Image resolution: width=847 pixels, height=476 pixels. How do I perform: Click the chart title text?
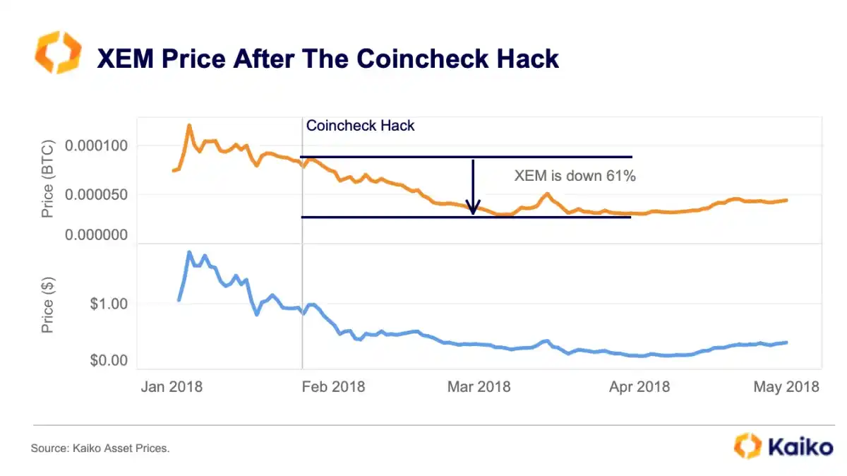328,58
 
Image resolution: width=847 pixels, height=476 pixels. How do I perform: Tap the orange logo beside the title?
58,52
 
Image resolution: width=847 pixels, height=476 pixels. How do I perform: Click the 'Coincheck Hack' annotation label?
360,126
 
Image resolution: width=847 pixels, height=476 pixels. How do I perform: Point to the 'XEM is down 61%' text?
575,176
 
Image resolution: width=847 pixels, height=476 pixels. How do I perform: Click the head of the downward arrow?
474,209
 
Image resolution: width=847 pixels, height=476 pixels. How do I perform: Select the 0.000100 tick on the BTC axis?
96,145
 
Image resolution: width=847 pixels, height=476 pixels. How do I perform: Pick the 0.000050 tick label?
96,194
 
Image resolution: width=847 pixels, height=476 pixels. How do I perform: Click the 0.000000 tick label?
96,234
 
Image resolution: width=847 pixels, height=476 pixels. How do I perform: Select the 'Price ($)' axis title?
47,305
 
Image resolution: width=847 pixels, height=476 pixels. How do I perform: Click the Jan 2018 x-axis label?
172,387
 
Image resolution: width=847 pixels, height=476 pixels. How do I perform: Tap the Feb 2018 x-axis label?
334,387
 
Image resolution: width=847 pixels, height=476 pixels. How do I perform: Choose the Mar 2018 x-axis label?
479,387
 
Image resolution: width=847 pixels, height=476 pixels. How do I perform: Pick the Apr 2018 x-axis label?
639,387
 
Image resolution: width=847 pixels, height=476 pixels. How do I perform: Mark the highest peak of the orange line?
189,126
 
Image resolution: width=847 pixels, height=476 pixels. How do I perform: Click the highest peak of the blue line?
189,252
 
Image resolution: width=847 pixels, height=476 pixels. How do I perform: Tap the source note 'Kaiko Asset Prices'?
100,448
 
